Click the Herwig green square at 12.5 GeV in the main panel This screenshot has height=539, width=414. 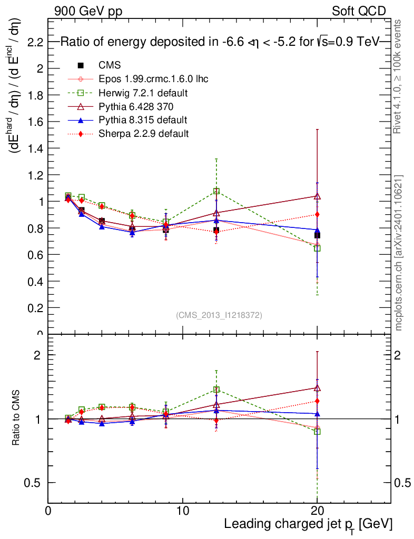point(216,191)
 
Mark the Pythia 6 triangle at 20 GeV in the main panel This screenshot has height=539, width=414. point(317,196)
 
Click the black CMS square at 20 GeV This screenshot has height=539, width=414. point(317,235)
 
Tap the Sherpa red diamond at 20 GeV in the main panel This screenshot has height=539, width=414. point(317,214)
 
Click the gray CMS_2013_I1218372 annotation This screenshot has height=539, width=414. point(219,315)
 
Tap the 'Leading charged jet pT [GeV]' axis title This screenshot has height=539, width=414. point(308,524)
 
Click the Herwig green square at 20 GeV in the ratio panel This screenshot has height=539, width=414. point(317,431)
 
